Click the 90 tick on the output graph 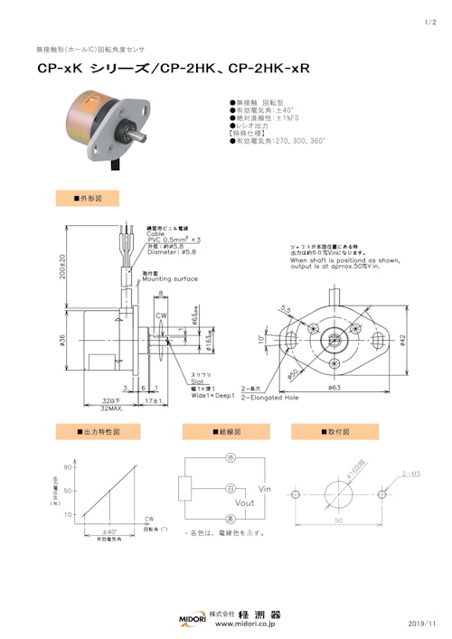pos(68,467)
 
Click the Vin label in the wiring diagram pos(264,488)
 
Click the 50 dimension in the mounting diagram pos(338,522)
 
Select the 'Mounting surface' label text pos(170,279)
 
